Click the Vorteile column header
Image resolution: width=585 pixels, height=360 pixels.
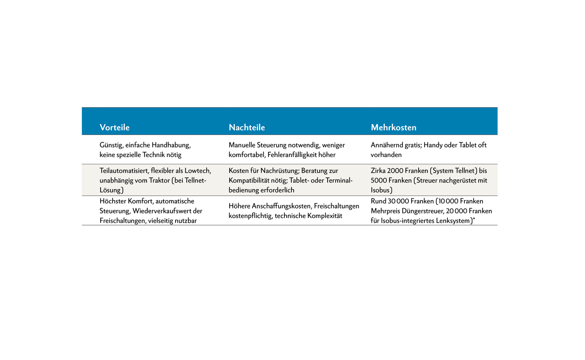pos(114,127)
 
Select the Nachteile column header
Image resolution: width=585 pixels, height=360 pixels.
pos(247,127)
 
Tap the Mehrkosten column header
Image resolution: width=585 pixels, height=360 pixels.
pos(393,127)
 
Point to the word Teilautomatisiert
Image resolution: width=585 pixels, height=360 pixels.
pos(124,171)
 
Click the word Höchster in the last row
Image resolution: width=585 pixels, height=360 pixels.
pos(113,201)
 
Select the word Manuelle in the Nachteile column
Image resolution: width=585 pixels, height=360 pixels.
pos(242,145)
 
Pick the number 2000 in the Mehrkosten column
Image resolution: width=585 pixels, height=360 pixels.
pos(395,171)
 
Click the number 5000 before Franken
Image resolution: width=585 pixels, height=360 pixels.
pos(379,180)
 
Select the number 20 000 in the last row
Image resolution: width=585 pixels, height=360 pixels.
pos(456,211)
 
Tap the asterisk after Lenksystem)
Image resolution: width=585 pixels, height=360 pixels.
pos(474,219)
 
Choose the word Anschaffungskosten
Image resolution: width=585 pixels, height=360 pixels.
pos(281,206)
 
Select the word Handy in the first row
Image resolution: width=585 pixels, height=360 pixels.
pos(433,145)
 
